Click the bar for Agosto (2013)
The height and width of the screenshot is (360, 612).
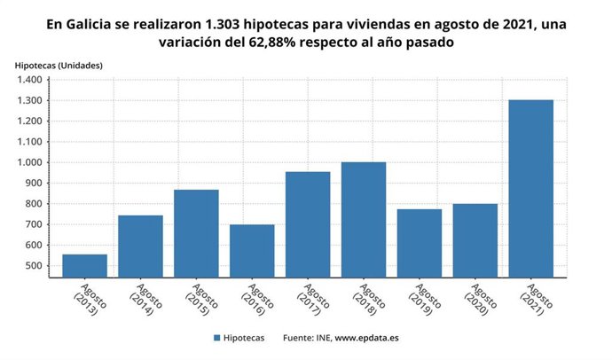click(84, 265)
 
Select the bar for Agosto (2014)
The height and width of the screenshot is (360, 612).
click(140, 246)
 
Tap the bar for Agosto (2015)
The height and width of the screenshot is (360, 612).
click(196, 232)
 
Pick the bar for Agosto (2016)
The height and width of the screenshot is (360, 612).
click(252, 250)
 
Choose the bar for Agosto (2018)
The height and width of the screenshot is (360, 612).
click(364, 219)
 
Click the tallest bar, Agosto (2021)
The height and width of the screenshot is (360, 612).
click(530, 188)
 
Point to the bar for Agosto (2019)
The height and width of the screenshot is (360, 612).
click(420, 242)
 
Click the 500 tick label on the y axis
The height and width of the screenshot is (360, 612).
click(33, 266)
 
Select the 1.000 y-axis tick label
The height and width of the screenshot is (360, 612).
click(28, 162)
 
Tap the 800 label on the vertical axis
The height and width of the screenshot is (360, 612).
click(33, 204)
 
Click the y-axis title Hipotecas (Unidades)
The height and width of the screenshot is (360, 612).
click(59, 65)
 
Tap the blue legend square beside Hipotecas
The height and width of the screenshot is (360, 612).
click(216, 338)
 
